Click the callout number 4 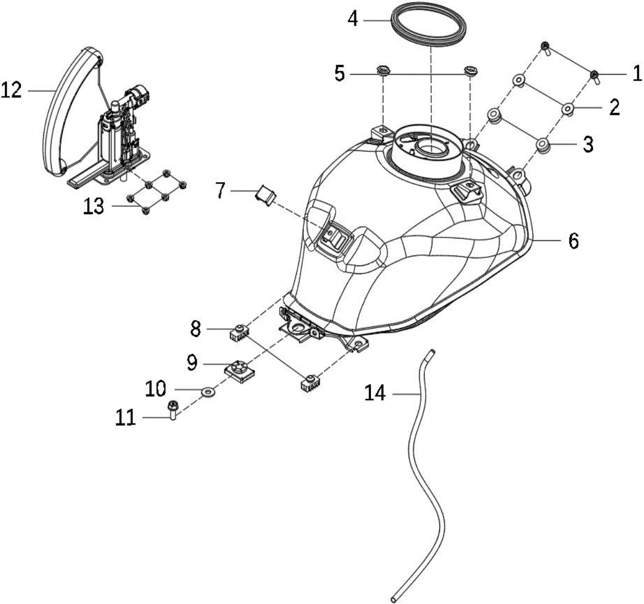[x=352, y=19]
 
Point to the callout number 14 [x=375, y=394]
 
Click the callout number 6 [x=573, y=241]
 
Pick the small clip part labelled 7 [x=266, y=195]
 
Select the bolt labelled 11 [x=172, y=410]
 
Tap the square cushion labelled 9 [x=240, y=371]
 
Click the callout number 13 [x=94, y=206]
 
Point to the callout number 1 [x=636, y=73]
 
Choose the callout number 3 [x=588, y=144]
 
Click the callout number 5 [x=339, y=74]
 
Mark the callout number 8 [x=195, y=329]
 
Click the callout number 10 [x=155, y=388]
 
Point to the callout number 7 [x=221, y=190]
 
